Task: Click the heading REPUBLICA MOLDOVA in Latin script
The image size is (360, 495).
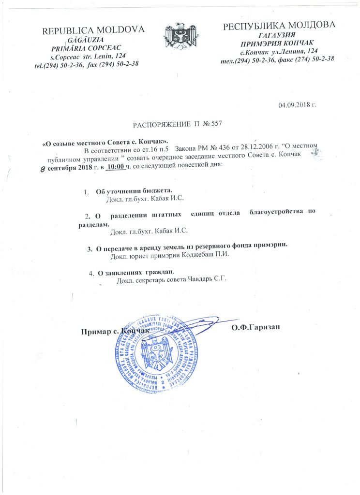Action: coord(94,30)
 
